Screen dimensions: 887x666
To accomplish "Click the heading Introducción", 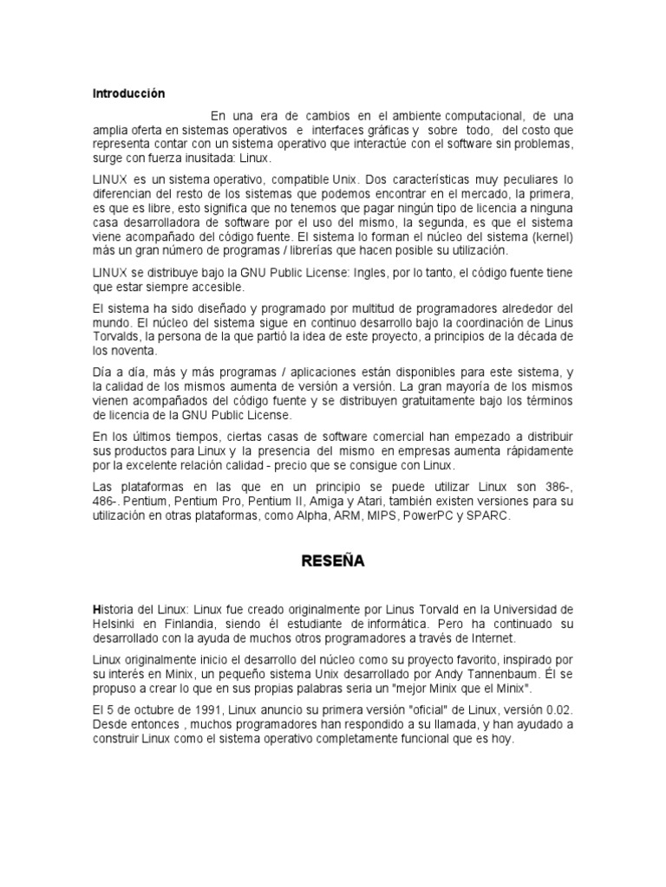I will click(x=128, y=93).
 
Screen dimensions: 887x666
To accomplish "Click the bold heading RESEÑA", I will click(x=333, y=561).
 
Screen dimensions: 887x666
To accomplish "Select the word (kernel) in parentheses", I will click(x=551, y=236).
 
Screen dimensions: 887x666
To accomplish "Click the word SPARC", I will click(x=492, y=515).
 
